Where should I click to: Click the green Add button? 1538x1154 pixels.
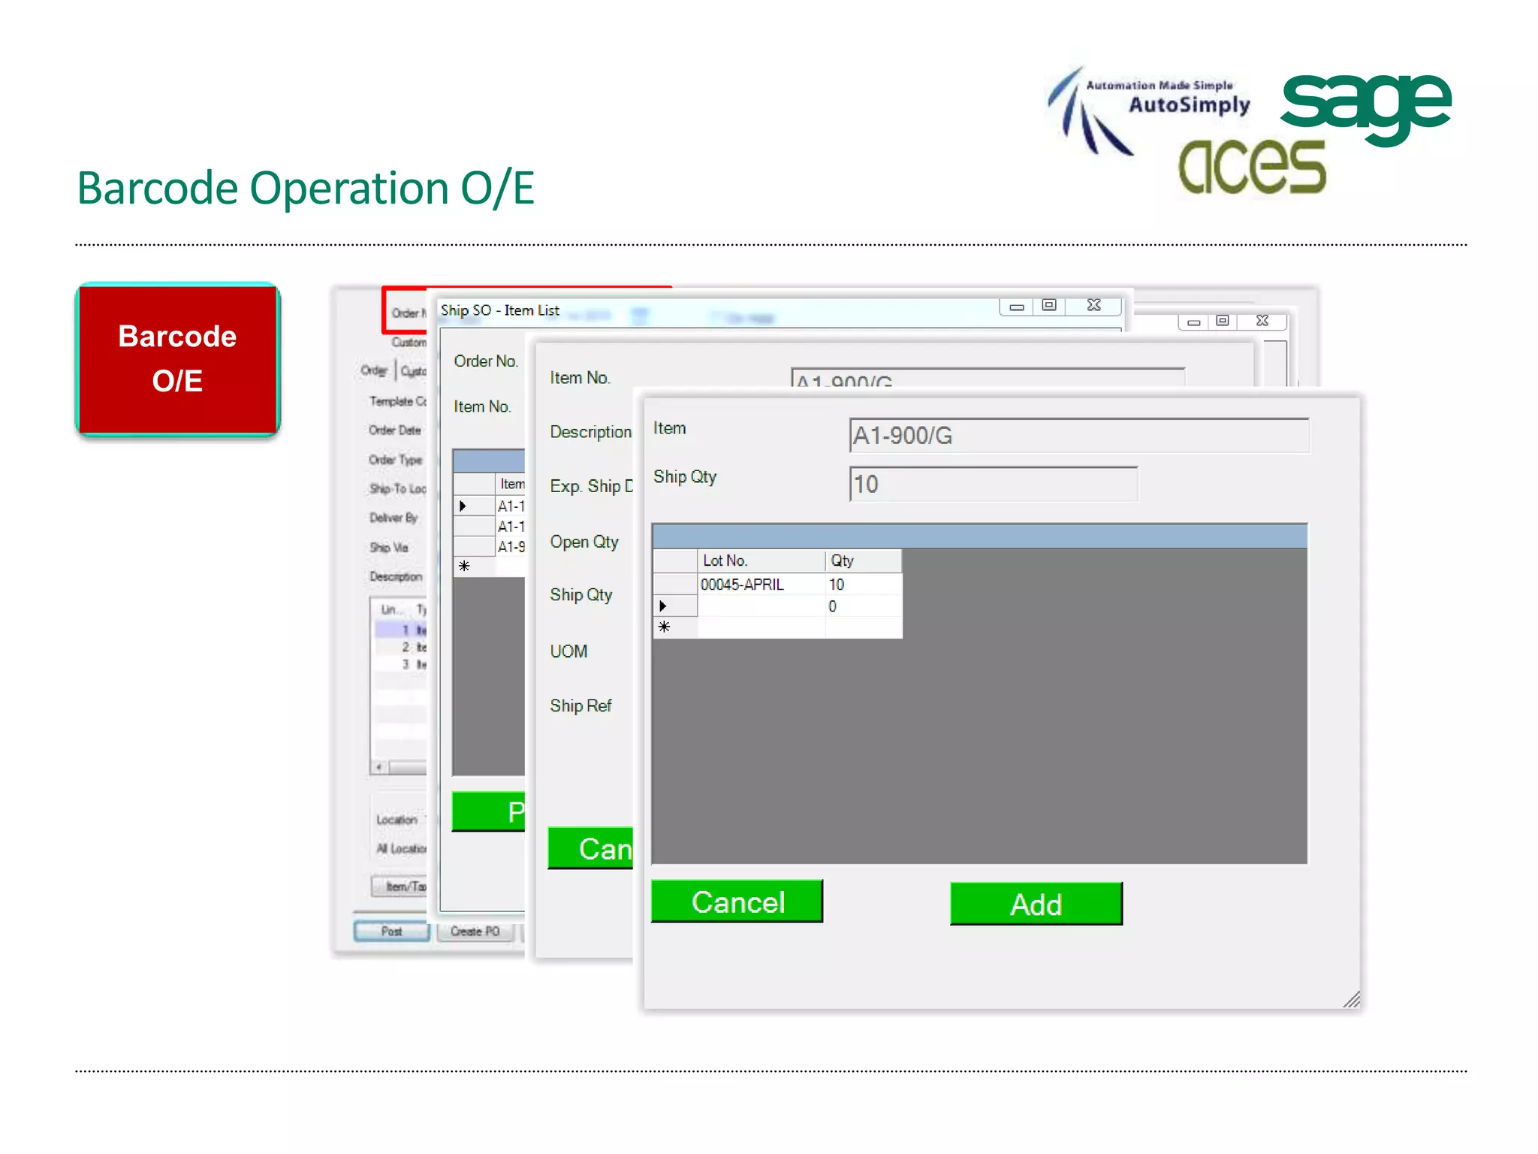click(x=1036, y=904)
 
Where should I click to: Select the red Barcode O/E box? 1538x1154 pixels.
click(x=178, y=359)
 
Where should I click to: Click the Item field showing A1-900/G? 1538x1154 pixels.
click(x=1078, y=436)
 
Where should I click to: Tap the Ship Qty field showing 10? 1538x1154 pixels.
click(x=993, y=484)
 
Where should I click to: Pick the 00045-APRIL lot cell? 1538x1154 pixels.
click(x=760, y=585)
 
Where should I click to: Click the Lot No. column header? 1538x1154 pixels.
click(x=760, y=560)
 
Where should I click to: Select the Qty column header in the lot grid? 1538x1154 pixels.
click(x=862, y=560)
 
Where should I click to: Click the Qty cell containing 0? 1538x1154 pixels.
click(x=862, y=606)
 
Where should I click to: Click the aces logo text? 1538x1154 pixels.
click(x=1252, y=167)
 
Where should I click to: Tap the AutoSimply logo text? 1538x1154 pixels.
click(x=1189, y=104)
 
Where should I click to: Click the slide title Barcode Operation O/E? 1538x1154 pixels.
click(x=306, y=188)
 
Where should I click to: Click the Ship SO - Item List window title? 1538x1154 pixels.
click(x=499, y=310)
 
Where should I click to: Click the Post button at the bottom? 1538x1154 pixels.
click(x=391, y=932)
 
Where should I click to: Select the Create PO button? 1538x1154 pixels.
click(x=475, y=932)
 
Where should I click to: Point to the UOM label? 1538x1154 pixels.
click(x=568, y=651)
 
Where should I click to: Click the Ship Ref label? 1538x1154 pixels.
click(x=581, y=705)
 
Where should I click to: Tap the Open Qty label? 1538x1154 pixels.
click(x=584, y=542)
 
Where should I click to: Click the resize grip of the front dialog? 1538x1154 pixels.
click(x=1352, y=999)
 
